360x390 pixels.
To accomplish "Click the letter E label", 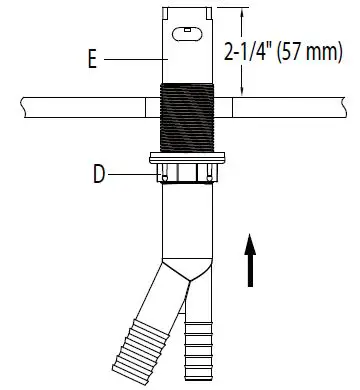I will tap(91, 60).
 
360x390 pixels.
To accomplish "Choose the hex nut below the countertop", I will tap(188, 174).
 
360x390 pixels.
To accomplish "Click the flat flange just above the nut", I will tap(188, 158).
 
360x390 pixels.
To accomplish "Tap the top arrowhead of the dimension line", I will tap(238, 10).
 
